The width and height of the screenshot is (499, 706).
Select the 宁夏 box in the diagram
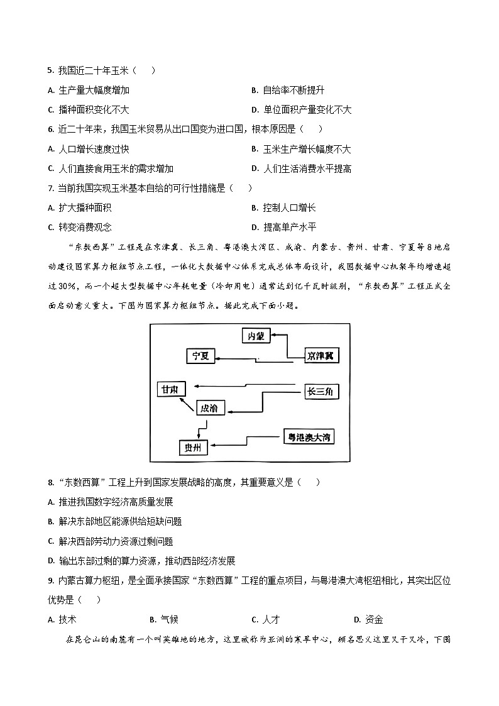click(x=200, y=355)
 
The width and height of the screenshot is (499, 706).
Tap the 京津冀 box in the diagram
click(x=319, y=355)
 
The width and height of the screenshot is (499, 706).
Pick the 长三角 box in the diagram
click(x=321, y=391)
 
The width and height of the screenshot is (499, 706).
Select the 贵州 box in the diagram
click(x=192, y=448)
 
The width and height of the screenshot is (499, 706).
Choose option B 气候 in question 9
click(x=164, y=619)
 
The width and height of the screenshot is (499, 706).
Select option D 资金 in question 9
click(x=368, y=619)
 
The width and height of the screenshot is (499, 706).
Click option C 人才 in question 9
click(x=265, y=619)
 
